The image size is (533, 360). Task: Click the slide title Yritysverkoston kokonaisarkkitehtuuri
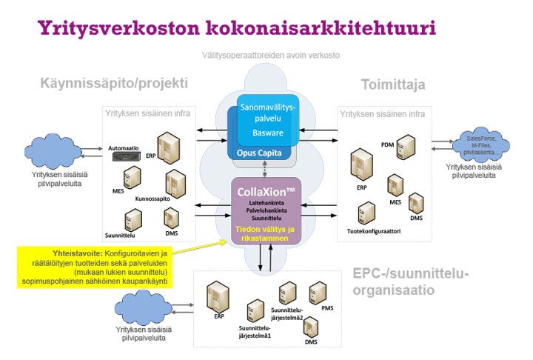tap(236, 29)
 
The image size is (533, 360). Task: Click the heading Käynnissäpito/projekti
tap(114, 82)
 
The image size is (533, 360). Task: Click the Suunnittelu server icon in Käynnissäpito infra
tap(133, 219)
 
